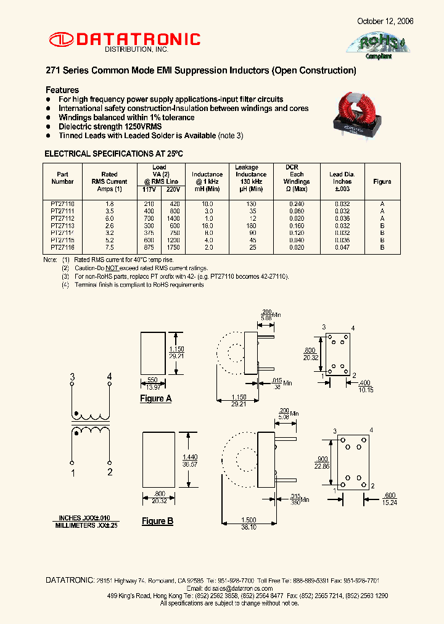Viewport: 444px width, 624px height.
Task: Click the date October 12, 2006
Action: tap(385, 21)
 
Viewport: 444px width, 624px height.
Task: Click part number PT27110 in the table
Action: tap(62, 203)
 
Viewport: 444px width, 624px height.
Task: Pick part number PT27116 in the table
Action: tap(62, 247)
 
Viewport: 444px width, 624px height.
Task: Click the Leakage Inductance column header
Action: tap(247, 174)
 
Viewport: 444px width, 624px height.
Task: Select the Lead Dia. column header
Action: tap(340, 178)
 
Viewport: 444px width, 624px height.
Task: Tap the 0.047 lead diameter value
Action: tap(340, 247)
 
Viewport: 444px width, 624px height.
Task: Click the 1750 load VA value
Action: tap(173, 247)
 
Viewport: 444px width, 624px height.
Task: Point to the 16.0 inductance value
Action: tap(207, 225)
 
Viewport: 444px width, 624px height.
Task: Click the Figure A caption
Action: tap(156, 398)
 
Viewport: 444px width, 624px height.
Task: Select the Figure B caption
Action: tap(158, 521)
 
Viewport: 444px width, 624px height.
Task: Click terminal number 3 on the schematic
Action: tap(73, 377)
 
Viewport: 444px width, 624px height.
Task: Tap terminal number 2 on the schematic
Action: tap(110, 472)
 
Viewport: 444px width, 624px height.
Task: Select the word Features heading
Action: tap(63, 90)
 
